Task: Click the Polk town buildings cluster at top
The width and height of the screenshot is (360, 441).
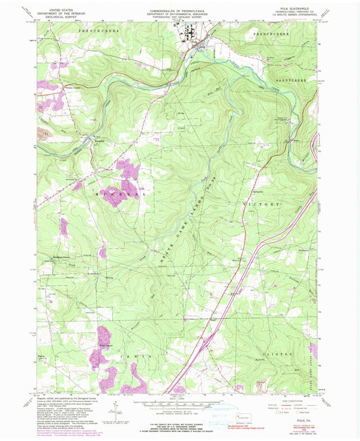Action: (190, 37)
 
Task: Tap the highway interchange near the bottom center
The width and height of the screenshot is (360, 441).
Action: (206, 345)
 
